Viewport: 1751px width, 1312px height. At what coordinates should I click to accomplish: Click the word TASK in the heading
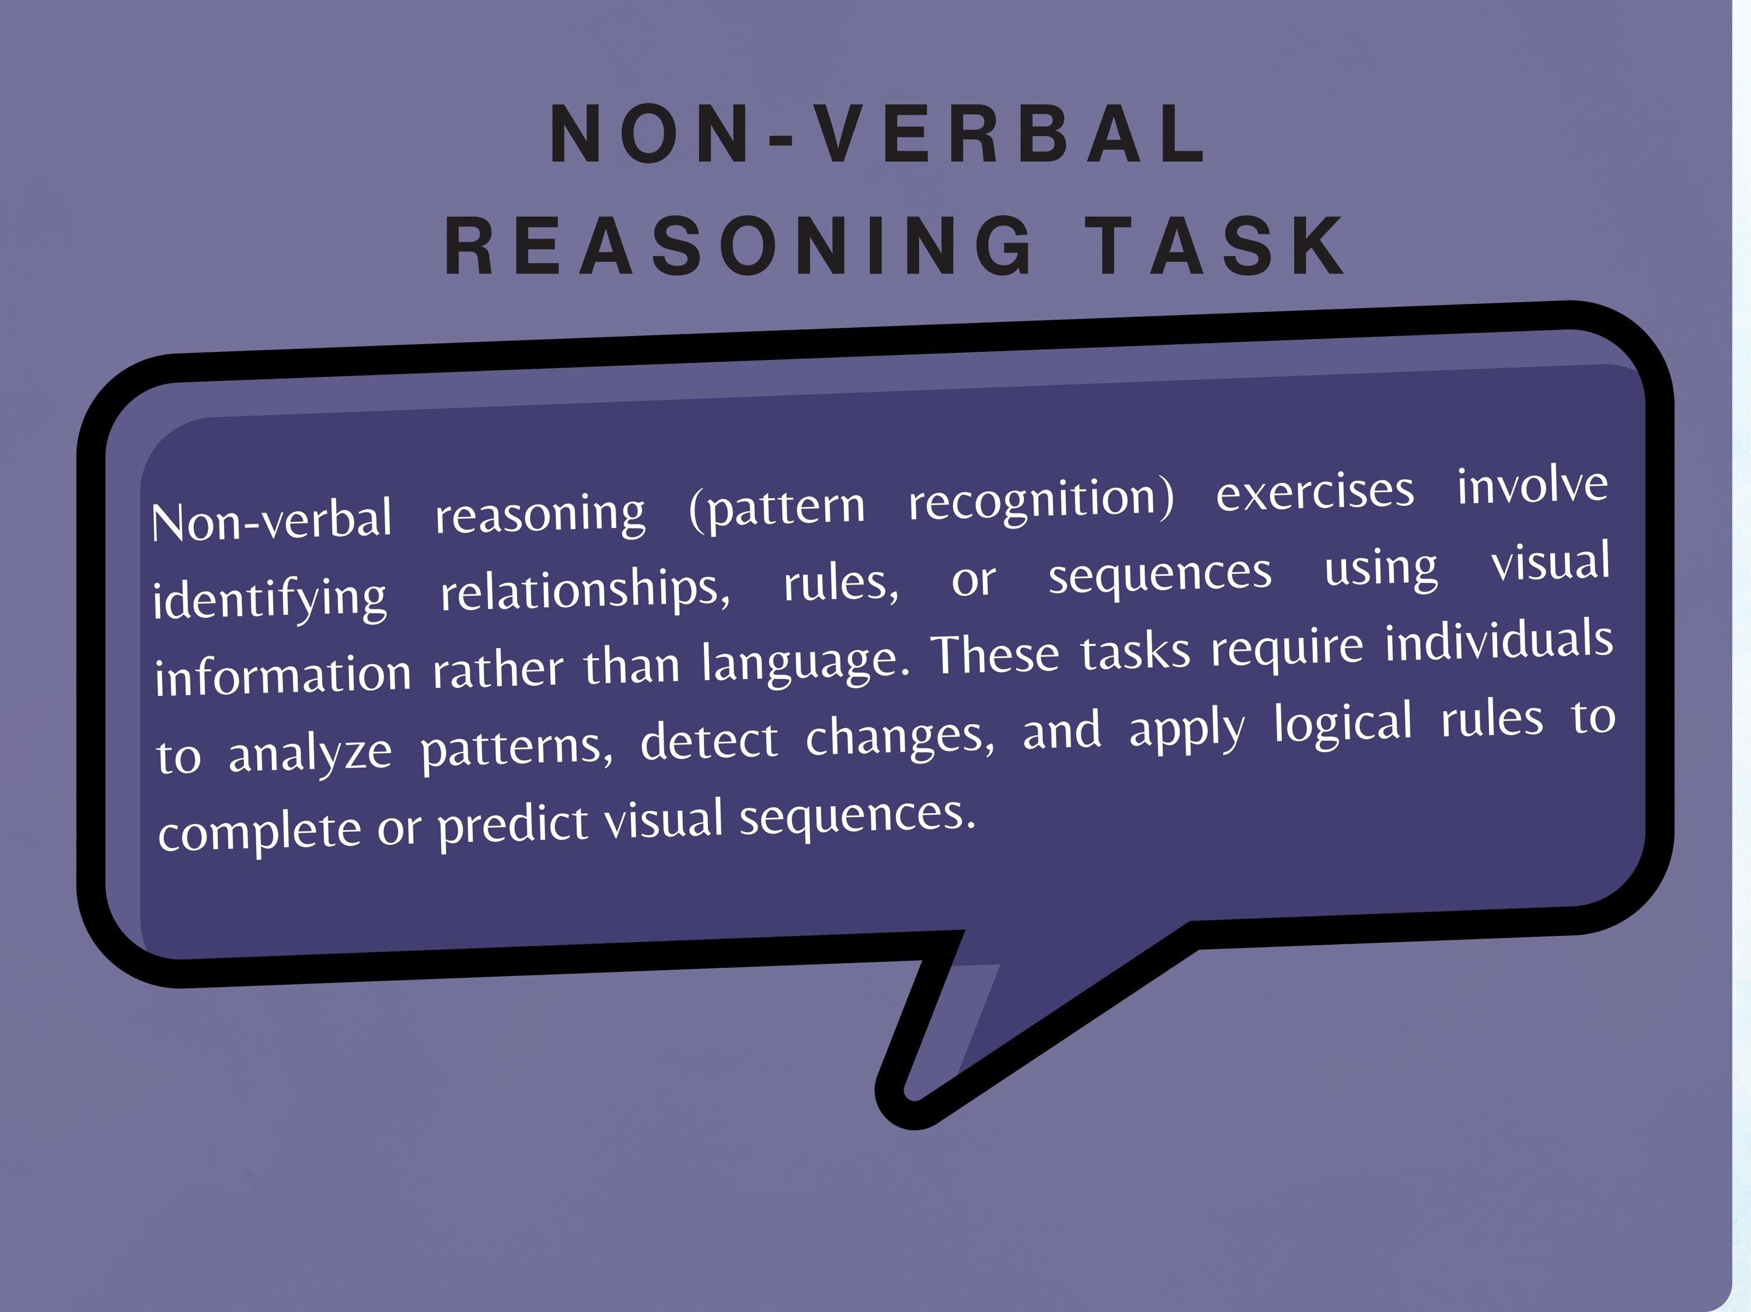pos(1215,246)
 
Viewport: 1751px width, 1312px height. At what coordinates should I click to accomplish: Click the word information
pos(282,674)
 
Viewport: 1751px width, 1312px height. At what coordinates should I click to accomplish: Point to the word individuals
pos(1498,641)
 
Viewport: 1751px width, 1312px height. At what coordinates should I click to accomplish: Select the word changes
pos(900,736)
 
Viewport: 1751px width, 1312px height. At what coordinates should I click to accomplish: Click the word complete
pos(259,831)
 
